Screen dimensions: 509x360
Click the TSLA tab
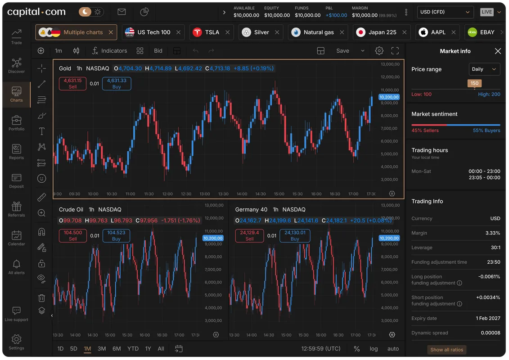[212, 32]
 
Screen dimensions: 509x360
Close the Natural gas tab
[342, 32]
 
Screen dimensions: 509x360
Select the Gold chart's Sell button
[72, 83]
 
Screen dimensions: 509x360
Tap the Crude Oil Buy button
[116, 236]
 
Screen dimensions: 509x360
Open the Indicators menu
[109, 51]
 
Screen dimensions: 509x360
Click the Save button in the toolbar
[342, 51]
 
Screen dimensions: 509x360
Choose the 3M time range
[102, 349]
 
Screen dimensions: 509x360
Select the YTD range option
[133, 349]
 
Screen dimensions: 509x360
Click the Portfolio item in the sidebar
[17, 123]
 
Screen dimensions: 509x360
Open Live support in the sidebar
[17, 314]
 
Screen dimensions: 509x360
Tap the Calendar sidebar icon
[17, 238]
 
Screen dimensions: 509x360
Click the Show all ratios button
[447, 350]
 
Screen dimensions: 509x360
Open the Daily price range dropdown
[484, 69]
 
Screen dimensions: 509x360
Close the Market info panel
[498, 51]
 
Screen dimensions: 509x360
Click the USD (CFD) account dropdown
[445, 12]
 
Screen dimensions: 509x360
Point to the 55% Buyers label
[486, 130]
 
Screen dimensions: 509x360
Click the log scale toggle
[374, 349]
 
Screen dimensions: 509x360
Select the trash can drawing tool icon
[41, 297]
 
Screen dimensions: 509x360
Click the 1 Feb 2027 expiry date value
[488, 318]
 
